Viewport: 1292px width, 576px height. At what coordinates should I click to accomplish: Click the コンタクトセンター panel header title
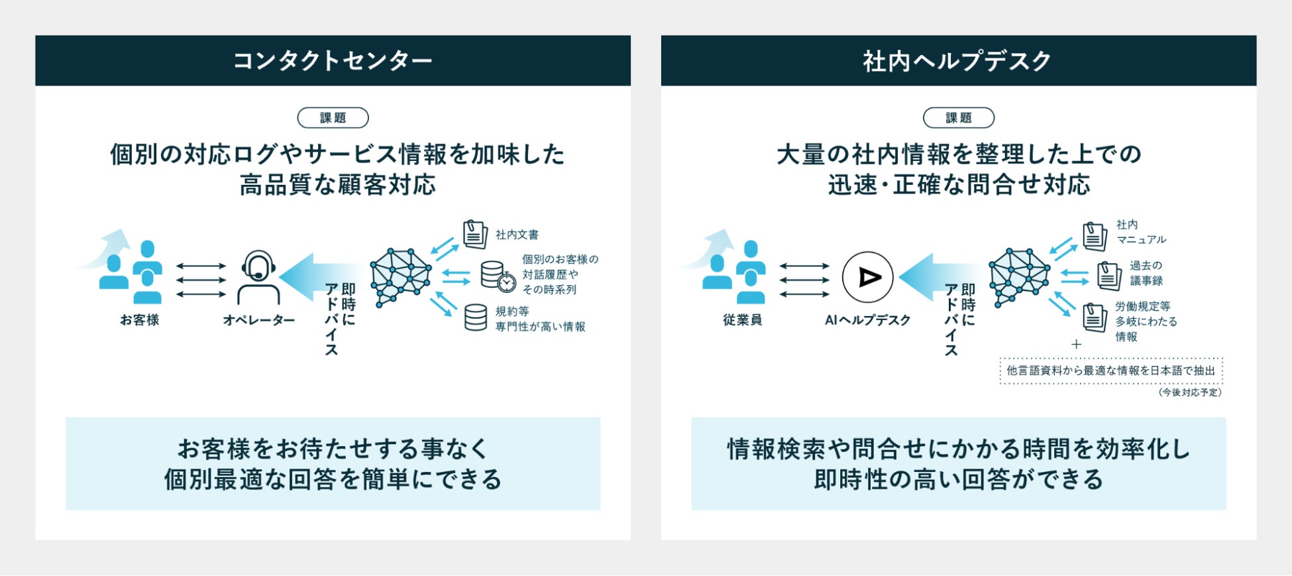[x=333, y=61]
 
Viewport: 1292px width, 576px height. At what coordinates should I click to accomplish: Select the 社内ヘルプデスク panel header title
[x=957, y=61]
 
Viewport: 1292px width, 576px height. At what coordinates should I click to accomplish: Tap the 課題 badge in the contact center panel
[x=333, y=118]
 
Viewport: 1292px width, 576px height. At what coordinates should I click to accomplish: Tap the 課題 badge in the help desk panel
[x=958, y=118]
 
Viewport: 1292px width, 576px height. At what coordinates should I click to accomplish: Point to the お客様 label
[x=139, y=320]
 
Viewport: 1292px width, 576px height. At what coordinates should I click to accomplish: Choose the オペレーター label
[x=258, y=320]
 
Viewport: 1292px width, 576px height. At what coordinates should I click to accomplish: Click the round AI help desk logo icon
[x=867, y=277]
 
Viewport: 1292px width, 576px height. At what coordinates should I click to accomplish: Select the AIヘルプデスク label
[x=867, y=320]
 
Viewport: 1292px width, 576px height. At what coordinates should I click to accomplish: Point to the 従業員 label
[x=742, y=320]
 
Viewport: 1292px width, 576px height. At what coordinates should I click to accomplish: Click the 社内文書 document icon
[x=474, y=235]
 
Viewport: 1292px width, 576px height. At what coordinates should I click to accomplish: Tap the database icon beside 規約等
[x=475, y=317]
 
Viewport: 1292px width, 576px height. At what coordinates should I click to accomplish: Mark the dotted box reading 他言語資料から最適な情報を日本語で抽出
[x=1110, y=371]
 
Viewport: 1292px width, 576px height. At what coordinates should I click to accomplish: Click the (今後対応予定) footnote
[x=1190, y=392]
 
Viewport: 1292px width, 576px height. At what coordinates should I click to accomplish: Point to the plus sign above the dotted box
[x=1076, y=344]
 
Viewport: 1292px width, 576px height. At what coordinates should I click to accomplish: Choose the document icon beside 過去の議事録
[x=1108, y=275]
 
